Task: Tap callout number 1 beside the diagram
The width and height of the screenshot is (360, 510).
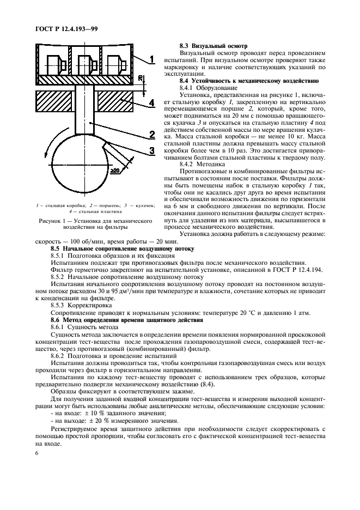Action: tap(153, 58)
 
